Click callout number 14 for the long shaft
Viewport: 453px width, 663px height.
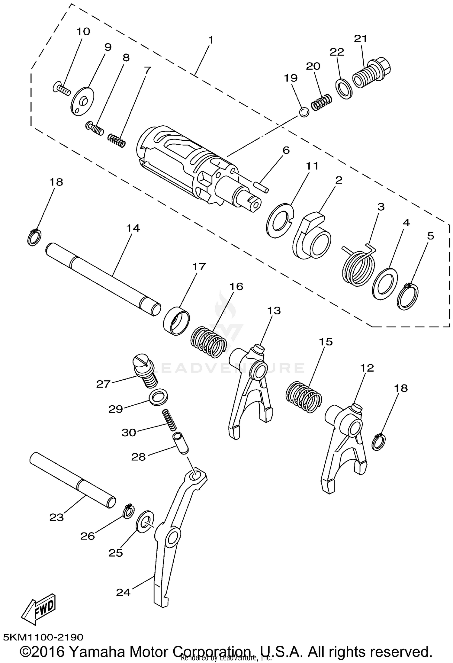(x=133, y=228)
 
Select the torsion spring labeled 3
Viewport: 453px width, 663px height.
(x=359, y=266)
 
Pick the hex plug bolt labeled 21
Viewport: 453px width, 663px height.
(x=371, y=72)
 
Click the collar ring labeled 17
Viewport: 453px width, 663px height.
(x=177, y=320)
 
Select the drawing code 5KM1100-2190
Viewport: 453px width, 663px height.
(x=43, y=637)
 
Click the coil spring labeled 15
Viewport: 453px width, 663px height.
(x=304, y=397)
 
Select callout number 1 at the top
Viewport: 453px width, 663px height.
(x=210, y=40)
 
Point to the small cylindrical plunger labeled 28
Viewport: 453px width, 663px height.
(x=181, y=443)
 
